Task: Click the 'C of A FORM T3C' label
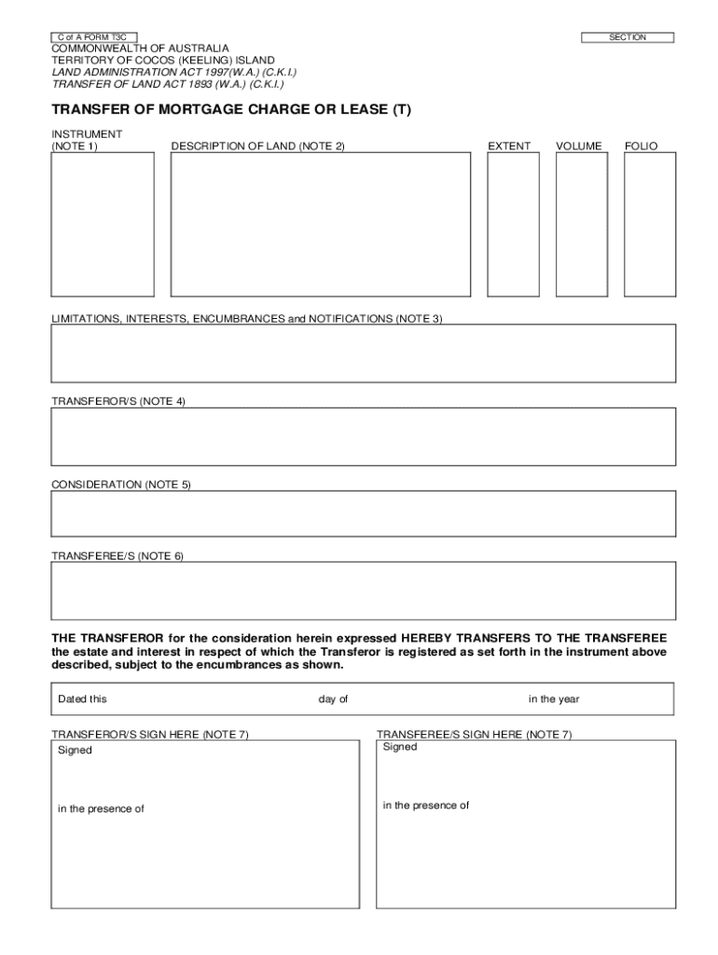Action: point(93,37)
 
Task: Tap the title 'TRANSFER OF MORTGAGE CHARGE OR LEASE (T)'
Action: point(230,110)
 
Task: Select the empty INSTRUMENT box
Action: point(103,224)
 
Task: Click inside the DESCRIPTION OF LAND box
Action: point(321,224)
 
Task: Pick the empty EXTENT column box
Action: point(514,224)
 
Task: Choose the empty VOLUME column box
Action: point(581,224)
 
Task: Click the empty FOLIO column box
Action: point(650,224)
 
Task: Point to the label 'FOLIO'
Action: point(642,146)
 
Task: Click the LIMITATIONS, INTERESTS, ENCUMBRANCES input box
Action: point(363,353)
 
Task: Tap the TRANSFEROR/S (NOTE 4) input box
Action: point(363,436)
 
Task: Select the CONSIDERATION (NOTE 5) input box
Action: point(363,514)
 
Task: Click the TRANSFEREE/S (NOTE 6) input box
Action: point(363,590)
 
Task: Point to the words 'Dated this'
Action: point(82,699)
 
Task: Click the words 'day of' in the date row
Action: point(333,699)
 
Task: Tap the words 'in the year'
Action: point(554,699)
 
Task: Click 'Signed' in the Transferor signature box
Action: point(75,751)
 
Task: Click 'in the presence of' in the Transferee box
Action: point(425,806)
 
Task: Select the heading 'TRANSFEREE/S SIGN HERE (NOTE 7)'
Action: point(474,734)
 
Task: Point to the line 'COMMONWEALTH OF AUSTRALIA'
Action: point(140,48)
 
